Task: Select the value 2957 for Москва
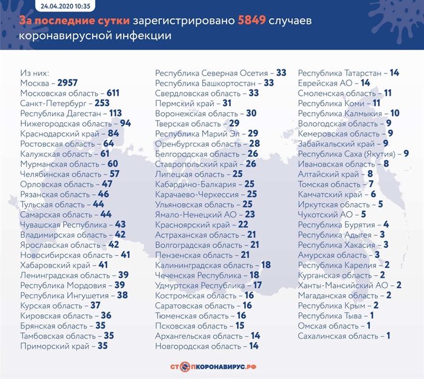coord(67,82)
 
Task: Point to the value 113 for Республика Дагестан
coord(115,113)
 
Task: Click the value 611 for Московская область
coord(113,93)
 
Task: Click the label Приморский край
coord(53,346)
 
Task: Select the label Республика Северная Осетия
coord(211,73)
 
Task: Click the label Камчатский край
coord(329,194)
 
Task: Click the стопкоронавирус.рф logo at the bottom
coord(211,366)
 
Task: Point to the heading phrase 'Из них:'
coord(35,73)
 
